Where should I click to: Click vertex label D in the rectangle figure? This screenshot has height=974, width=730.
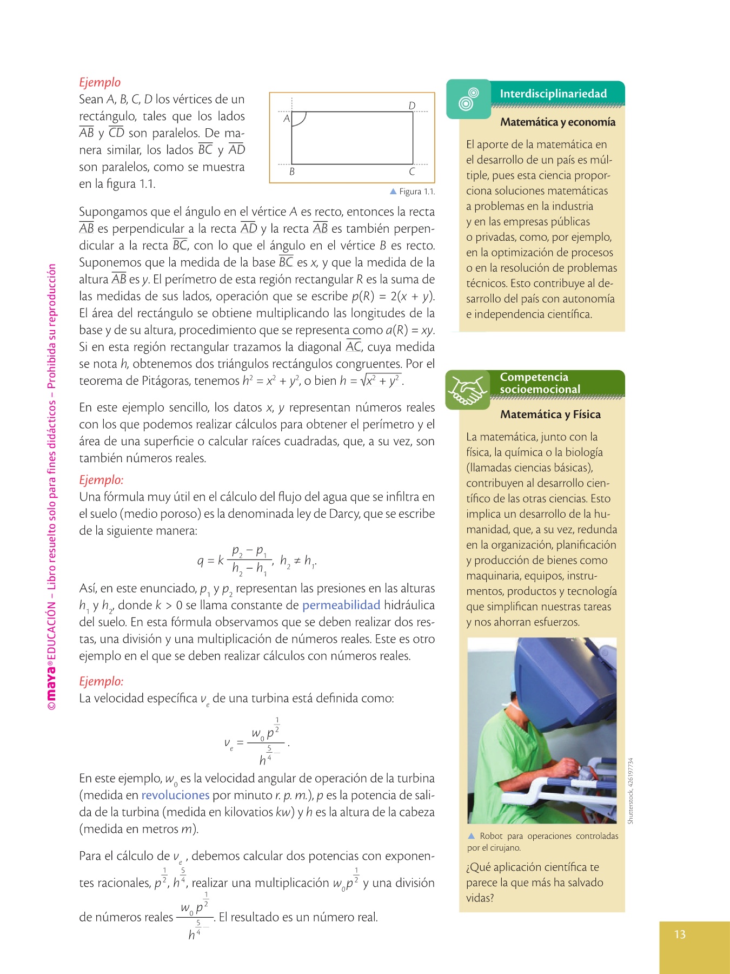pyautogui.click(x=412, y=106)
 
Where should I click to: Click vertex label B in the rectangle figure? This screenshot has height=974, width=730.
pyautogui.click(x=292, y=172)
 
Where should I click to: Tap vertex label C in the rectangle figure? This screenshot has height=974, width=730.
pyautogui.click(x=412, y=172)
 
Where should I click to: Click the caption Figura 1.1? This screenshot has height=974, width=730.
pyautogui.click(x=416, y=192)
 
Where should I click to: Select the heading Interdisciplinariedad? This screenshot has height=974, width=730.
pyautogui.click(x=553, y=94)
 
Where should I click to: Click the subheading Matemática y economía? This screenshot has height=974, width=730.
pyautogui.click(x=558, y=122)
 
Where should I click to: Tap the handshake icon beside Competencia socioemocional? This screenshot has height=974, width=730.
pyautogui.click(x=468, y=390)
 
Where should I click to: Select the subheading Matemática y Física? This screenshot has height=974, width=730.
pyautogui.click(x=550, y=414)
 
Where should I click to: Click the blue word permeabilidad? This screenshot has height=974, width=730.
pyautogui.click(x=341, y=606)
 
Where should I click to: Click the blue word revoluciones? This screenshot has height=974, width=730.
pyautogui.click(x=175, y=795)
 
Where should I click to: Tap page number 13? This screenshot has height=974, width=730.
pyautogui.click(x=680, y=934)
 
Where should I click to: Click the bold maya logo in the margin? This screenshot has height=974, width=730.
pyautogui.click(x=51, y=682)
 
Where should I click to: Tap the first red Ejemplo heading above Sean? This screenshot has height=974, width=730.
pyautogui.click(x=100, y=82)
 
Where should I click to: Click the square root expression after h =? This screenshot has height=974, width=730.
pyautogui.click(x=382, y=380)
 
